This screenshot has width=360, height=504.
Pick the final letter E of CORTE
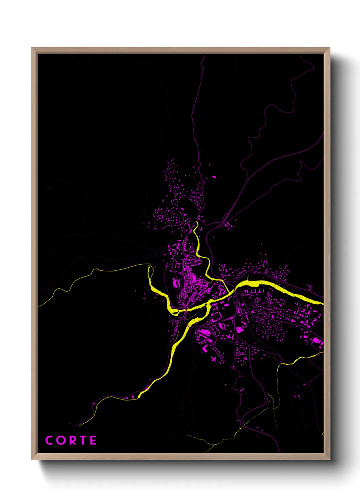[x=93, y=440]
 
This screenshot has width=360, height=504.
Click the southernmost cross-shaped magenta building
[x=214, y=359]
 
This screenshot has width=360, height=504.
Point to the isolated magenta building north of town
[x=214, y=177]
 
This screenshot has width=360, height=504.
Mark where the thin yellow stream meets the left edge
[x=38, y=306]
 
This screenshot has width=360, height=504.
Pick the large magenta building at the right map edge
[x=317, y=341]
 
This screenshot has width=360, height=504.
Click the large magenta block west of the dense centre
[x=176, y=282]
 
